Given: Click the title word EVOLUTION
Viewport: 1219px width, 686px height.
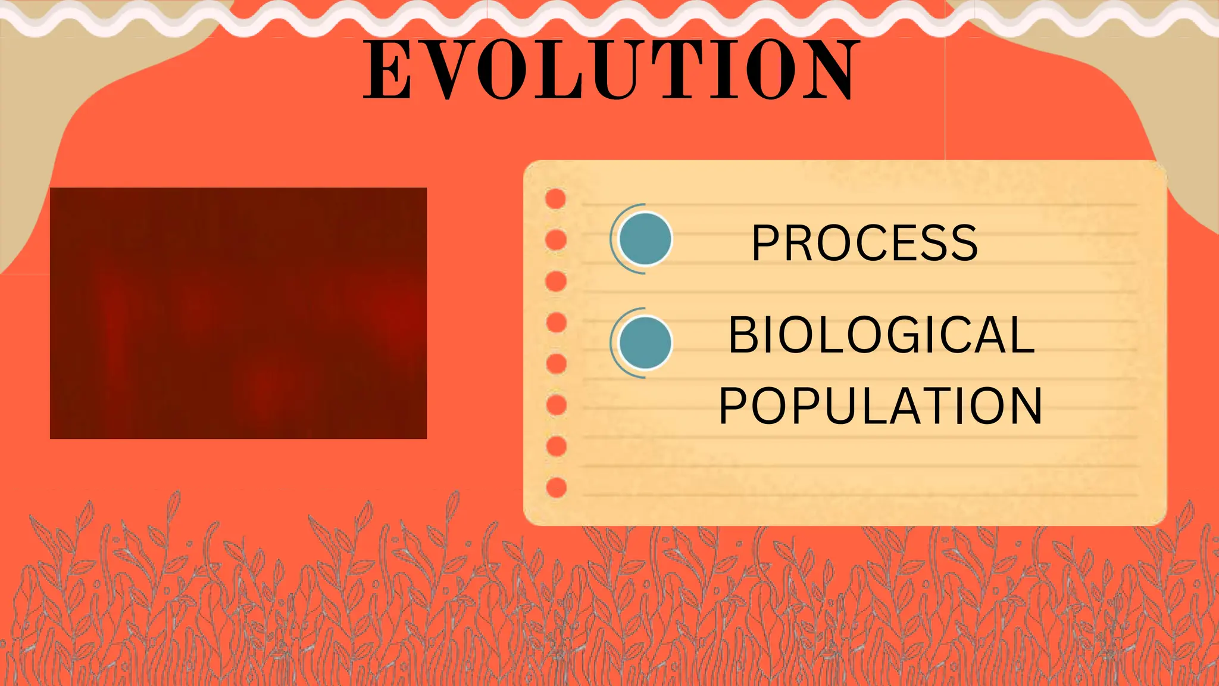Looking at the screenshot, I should coord(612,70).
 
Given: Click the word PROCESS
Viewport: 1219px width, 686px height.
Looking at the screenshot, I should coord(865,243).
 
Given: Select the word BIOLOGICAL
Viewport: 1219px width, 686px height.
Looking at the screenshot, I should coord(882,335).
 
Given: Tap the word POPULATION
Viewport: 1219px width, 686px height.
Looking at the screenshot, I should coord(881,406).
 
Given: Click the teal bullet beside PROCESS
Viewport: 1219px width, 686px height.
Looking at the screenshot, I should coord(645,239).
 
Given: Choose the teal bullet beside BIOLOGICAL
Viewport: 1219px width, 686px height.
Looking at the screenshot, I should coord(645,343).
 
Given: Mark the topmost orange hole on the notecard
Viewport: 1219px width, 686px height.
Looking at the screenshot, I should coord(555,199).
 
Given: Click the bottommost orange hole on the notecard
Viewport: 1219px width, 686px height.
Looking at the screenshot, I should coord(556,488).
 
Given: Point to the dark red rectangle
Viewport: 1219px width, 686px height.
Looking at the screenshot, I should coord(238,313).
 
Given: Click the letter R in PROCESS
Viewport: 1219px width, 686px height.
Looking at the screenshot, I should coord(799,243).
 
